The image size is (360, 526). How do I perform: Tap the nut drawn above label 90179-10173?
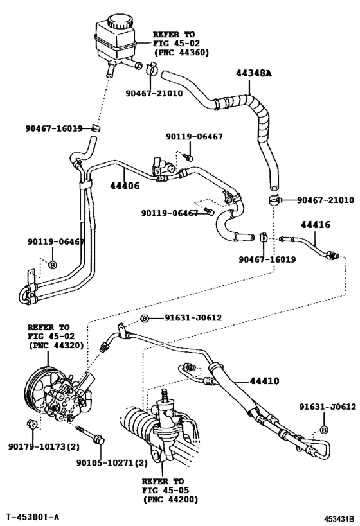[x=31, y=425]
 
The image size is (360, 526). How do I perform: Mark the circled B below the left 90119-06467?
[x=53, y=265]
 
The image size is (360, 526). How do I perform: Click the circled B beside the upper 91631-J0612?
[x=145, y=319]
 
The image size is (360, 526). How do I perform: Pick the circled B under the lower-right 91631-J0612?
[x=324, y=430]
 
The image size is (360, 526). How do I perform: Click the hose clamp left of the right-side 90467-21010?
[x=275, y=200]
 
